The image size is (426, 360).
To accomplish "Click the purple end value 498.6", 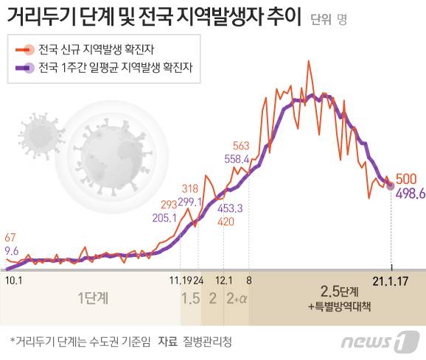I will (408, 193).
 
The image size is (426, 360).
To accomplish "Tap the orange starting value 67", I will (10, 238).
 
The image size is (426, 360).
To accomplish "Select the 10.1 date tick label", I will (13, 279).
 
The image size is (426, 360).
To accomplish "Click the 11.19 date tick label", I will (178, 280).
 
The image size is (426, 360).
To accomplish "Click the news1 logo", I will (381, 341).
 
